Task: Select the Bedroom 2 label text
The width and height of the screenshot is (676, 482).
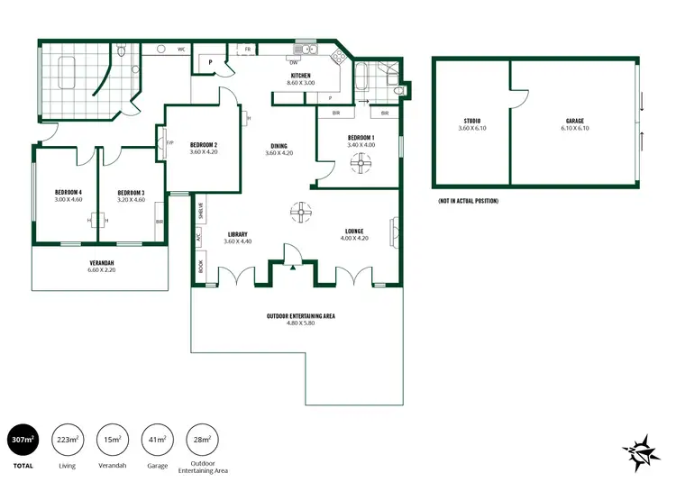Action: pos(204,145)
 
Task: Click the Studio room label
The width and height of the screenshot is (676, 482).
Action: pos(471,121)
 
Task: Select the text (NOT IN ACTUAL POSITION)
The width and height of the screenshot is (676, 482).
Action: pos(468,200)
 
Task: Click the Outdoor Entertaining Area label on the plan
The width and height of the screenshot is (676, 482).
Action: pos(301,316)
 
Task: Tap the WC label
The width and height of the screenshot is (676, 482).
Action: pos(181,50)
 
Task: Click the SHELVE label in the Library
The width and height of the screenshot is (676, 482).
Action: pos(200,210)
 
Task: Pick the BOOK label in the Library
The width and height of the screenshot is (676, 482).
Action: pos(200,268)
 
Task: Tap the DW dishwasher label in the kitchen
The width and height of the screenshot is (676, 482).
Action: pos(294,61)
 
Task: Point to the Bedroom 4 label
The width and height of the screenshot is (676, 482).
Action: pos(68,192)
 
